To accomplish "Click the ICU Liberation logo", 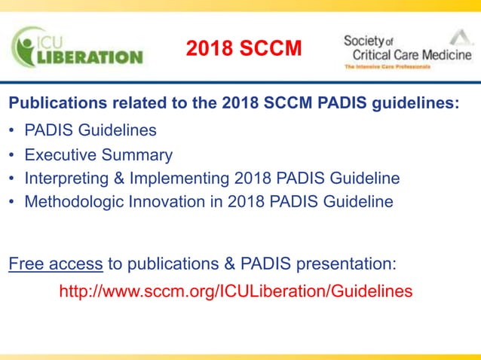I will pos(75,47).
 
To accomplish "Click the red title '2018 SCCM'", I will pos(244,48).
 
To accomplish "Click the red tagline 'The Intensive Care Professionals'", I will pos(387,67).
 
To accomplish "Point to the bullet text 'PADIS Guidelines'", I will pos(90,130).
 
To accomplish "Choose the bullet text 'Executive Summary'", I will pos(98,155).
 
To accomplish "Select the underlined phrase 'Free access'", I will pos(56,264).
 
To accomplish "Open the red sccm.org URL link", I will pos(235,291).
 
